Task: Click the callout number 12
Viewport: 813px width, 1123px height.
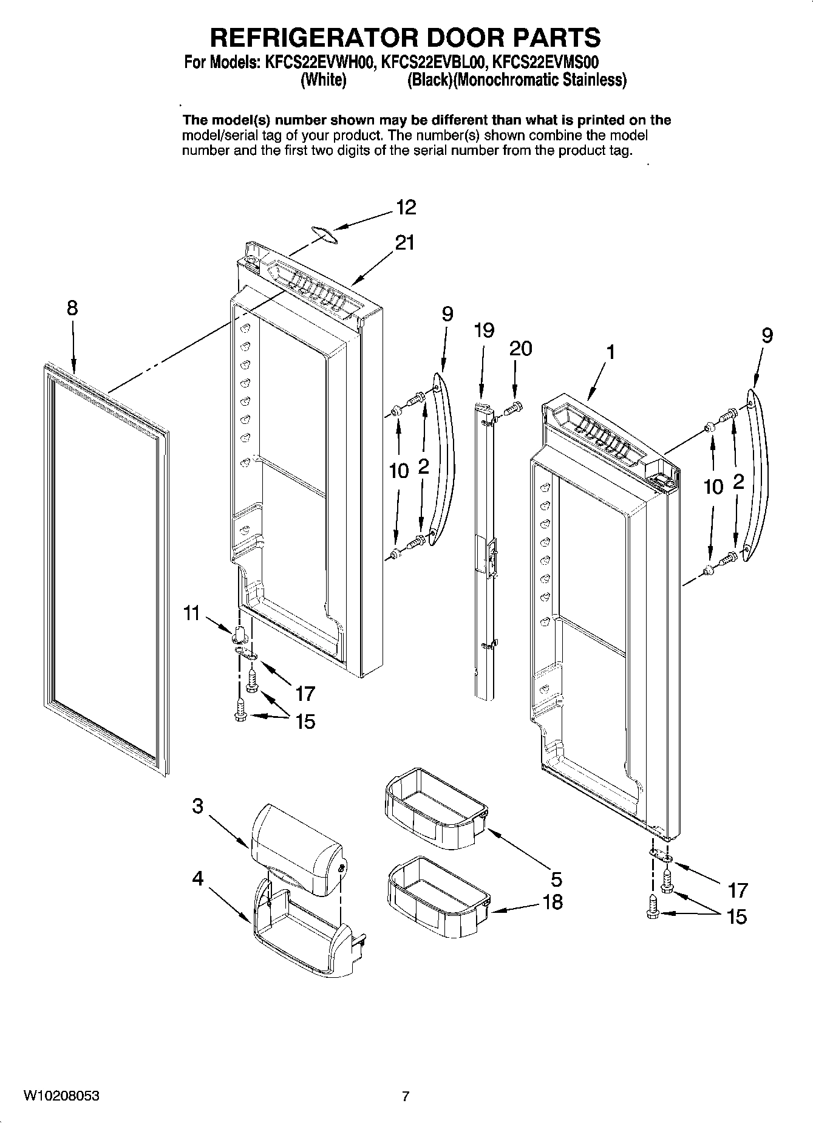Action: pyautogui.click(x=406, y=208)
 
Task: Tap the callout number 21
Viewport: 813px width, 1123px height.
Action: pyautogui.click(x=404, y=243)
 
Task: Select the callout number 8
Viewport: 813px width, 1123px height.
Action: pyautogui.click(x=72, y=308)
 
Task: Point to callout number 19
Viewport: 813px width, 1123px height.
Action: pyautogui.click(x=484, y=330)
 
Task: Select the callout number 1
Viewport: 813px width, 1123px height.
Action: pyautogui.click(x=611, y=352)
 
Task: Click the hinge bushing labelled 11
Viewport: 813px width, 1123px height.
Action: pyautogui.click(x=239, y=632)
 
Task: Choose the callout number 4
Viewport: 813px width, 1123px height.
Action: pyautogui.click(x=198, y=878)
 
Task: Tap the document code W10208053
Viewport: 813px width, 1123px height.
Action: pyautogui.click(x=61, y=1096)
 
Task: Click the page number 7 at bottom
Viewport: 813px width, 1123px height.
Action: pyautogui.click(x=406, y=1096)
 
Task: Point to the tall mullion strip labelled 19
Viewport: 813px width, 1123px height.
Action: pyautogui.click(x=485, y=547)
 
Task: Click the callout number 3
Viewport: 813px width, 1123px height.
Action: pyautogui.click(x=198, y=807)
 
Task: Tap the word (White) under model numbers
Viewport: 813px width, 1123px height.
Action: pyautogui.click(x=324, y=80)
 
